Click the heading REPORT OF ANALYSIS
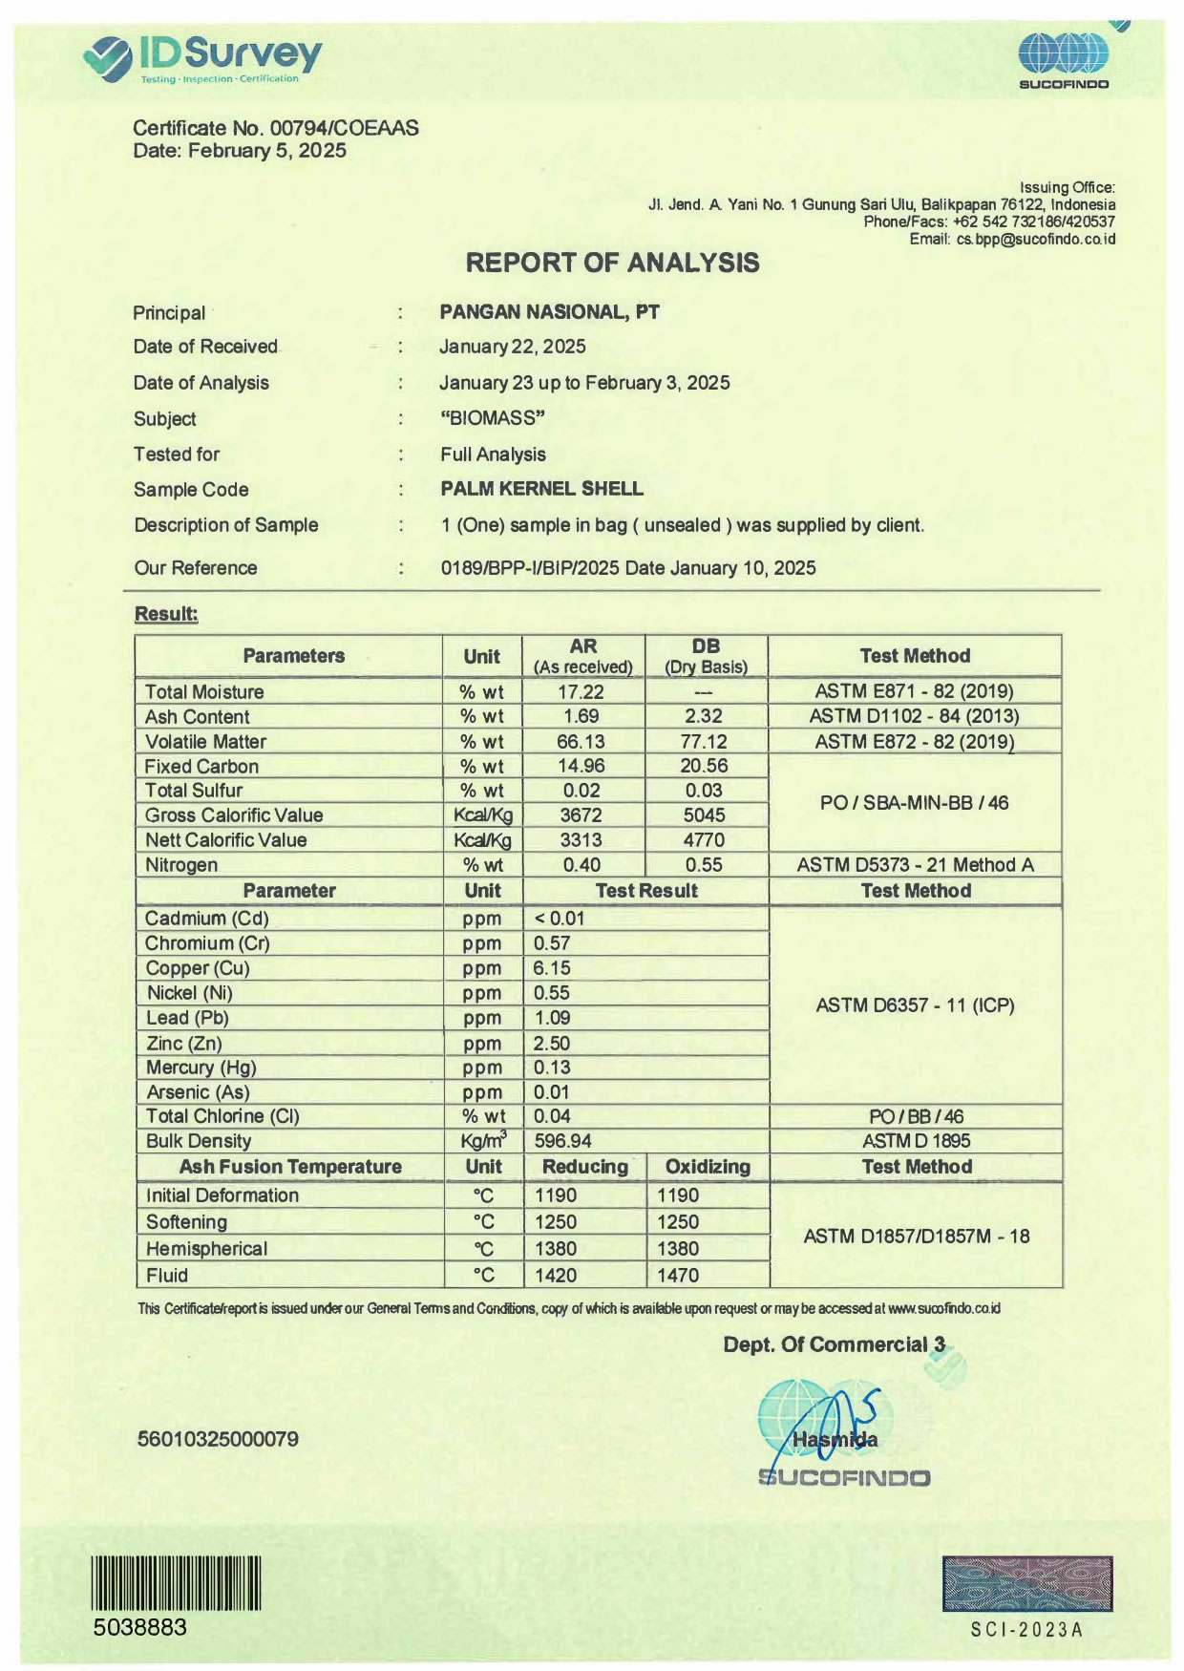coord(612,263)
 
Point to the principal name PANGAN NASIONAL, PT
coord(549,312)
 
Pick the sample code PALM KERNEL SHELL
coord(541,489)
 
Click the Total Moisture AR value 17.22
coord(581,691)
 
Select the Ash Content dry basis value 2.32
coord(704,716)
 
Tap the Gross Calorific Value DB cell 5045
coord(704,815)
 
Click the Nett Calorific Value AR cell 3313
coord(581,840)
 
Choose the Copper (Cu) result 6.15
coord(552,968)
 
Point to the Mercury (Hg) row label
coord(201,1068)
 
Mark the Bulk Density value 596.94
coord(562,1141)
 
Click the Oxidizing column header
coord(708,1167)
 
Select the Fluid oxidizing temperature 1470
coord(678,1276)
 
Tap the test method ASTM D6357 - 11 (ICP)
coord(915,1005)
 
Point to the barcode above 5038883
coord(177,1582)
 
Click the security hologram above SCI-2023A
coord(1026,1583)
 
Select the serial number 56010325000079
coord(218,1439)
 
